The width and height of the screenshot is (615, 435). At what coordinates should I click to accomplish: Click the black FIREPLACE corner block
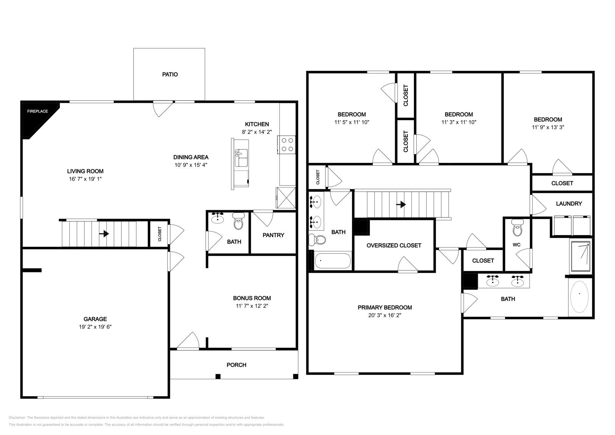click(37, 117)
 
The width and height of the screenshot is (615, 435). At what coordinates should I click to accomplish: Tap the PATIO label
click(170, 75)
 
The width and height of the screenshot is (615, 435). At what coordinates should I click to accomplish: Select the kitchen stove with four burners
click(287, 145)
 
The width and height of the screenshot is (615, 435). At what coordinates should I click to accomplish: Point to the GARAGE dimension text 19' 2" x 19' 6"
click(95, 327)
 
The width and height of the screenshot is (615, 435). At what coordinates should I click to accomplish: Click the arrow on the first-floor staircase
click(104, 233)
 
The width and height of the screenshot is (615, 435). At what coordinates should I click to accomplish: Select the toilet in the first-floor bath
click(238, 222)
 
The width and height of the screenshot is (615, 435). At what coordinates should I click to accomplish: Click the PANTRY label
click(273, 235)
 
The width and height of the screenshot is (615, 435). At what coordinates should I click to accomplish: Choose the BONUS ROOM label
click(252, 298)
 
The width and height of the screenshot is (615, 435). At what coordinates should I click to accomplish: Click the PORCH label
click(236, 365)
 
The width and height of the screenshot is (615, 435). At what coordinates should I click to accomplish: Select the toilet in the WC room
click(517, 228)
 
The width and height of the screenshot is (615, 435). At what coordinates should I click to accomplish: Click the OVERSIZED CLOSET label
click(394, 246)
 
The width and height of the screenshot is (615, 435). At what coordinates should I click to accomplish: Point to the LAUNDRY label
click(569, 204)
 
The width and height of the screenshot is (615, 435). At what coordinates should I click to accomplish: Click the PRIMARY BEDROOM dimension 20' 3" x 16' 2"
click(385, 315)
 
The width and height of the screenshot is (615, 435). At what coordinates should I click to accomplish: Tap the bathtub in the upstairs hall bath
click(332, 262)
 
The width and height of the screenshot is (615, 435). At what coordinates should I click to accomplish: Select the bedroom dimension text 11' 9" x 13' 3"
click(548, 128)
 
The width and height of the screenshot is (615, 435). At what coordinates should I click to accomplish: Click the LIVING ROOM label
click(85, 171)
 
